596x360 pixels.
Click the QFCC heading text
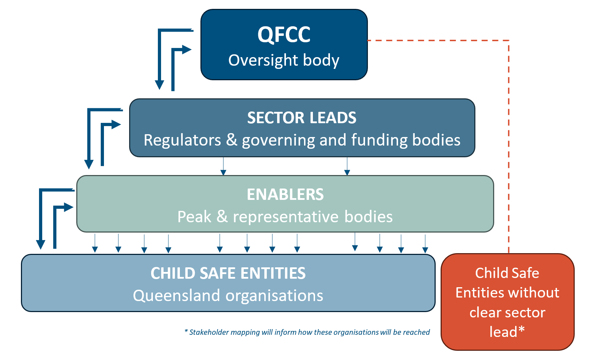coord(284,35)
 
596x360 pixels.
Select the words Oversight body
coord(284,60)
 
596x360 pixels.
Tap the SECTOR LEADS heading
coord(302,118)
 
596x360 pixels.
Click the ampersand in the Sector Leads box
coord(231,140)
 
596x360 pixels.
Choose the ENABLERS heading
coord(285,195)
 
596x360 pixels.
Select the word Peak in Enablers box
coord(194,217)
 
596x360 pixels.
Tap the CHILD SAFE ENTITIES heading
coord(228,273)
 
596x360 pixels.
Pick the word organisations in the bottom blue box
coord(274,295)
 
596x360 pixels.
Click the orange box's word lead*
coord(507,332)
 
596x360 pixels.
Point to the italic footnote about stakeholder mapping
coord(307,332)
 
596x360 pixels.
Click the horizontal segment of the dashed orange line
coord(438,40)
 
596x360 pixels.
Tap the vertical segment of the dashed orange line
coord(509,147)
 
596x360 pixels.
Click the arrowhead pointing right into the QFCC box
coord(187,50)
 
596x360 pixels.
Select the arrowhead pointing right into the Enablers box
coord(69,207)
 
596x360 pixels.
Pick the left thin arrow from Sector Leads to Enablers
coord(223,166)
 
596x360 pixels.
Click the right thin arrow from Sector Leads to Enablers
coord(347,166)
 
